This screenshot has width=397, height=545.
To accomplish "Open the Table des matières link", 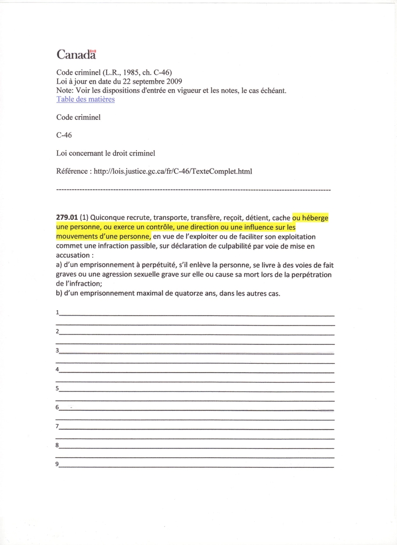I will [85, 99].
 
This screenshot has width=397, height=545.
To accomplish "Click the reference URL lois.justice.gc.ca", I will [173, 171].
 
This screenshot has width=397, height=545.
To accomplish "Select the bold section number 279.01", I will [67, 218].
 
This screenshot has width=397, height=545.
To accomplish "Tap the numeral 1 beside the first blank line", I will [58, 313].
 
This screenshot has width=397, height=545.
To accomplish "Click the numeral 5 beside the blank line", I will [58, 388].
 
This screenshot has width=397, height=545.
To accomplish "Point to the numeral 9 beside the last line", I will [58, 464].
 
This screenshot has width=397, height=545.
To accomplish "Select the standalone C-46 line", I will [65, 135].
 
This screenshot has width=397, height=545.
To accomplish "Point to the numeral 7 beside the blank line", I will [58, 426].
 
